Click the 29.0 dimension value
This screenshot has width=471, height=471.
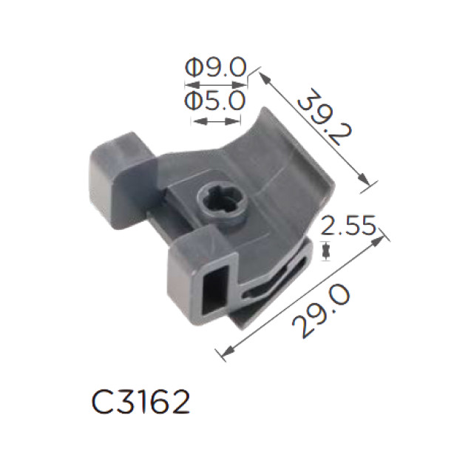click(319, 313)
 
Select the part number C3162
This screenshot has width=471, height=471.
click(140, 403)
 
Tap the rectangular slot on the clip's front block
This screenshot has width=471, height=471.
click(212, 289)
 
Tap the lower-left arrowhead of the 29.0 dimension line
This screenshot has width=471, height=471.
click(222, 356)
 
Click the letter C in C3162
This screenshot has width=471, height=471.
click(102, 403)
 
